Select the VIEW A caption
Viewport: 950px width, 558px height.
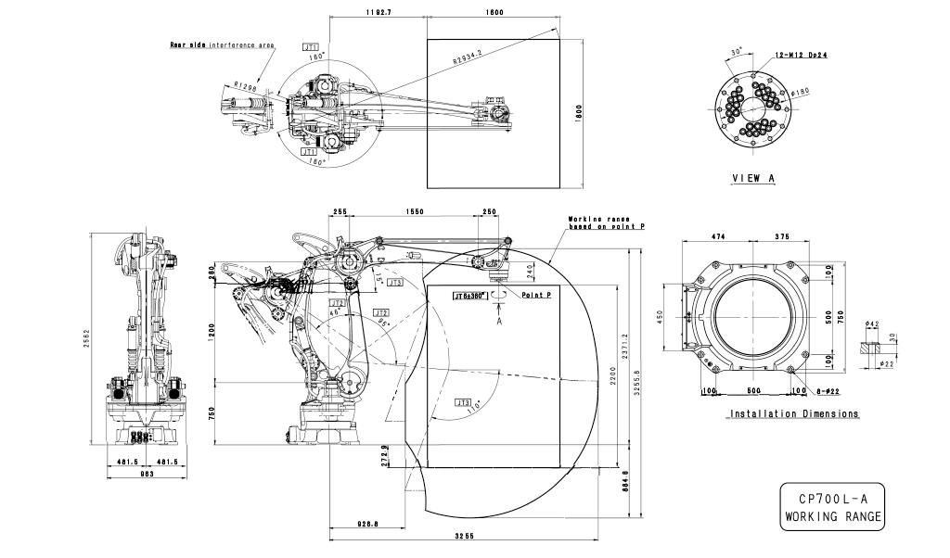click(x=753, y=179)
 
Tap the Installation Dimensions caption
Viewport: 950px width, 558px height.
click(x=794, y=413)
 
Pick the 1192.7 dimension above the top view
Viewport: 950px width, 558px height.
click(x=379, y=13)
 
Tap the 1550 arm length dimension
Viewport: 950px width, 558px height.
click(x=414, y=212)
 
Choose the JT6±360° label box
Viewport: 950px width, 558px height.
click(x=469, y=297)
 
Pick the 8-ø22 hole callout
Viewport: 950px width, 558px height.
click(x=824, y=391)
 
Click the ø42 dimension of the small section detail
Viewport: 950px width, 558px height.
click(x=872, y=323)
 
